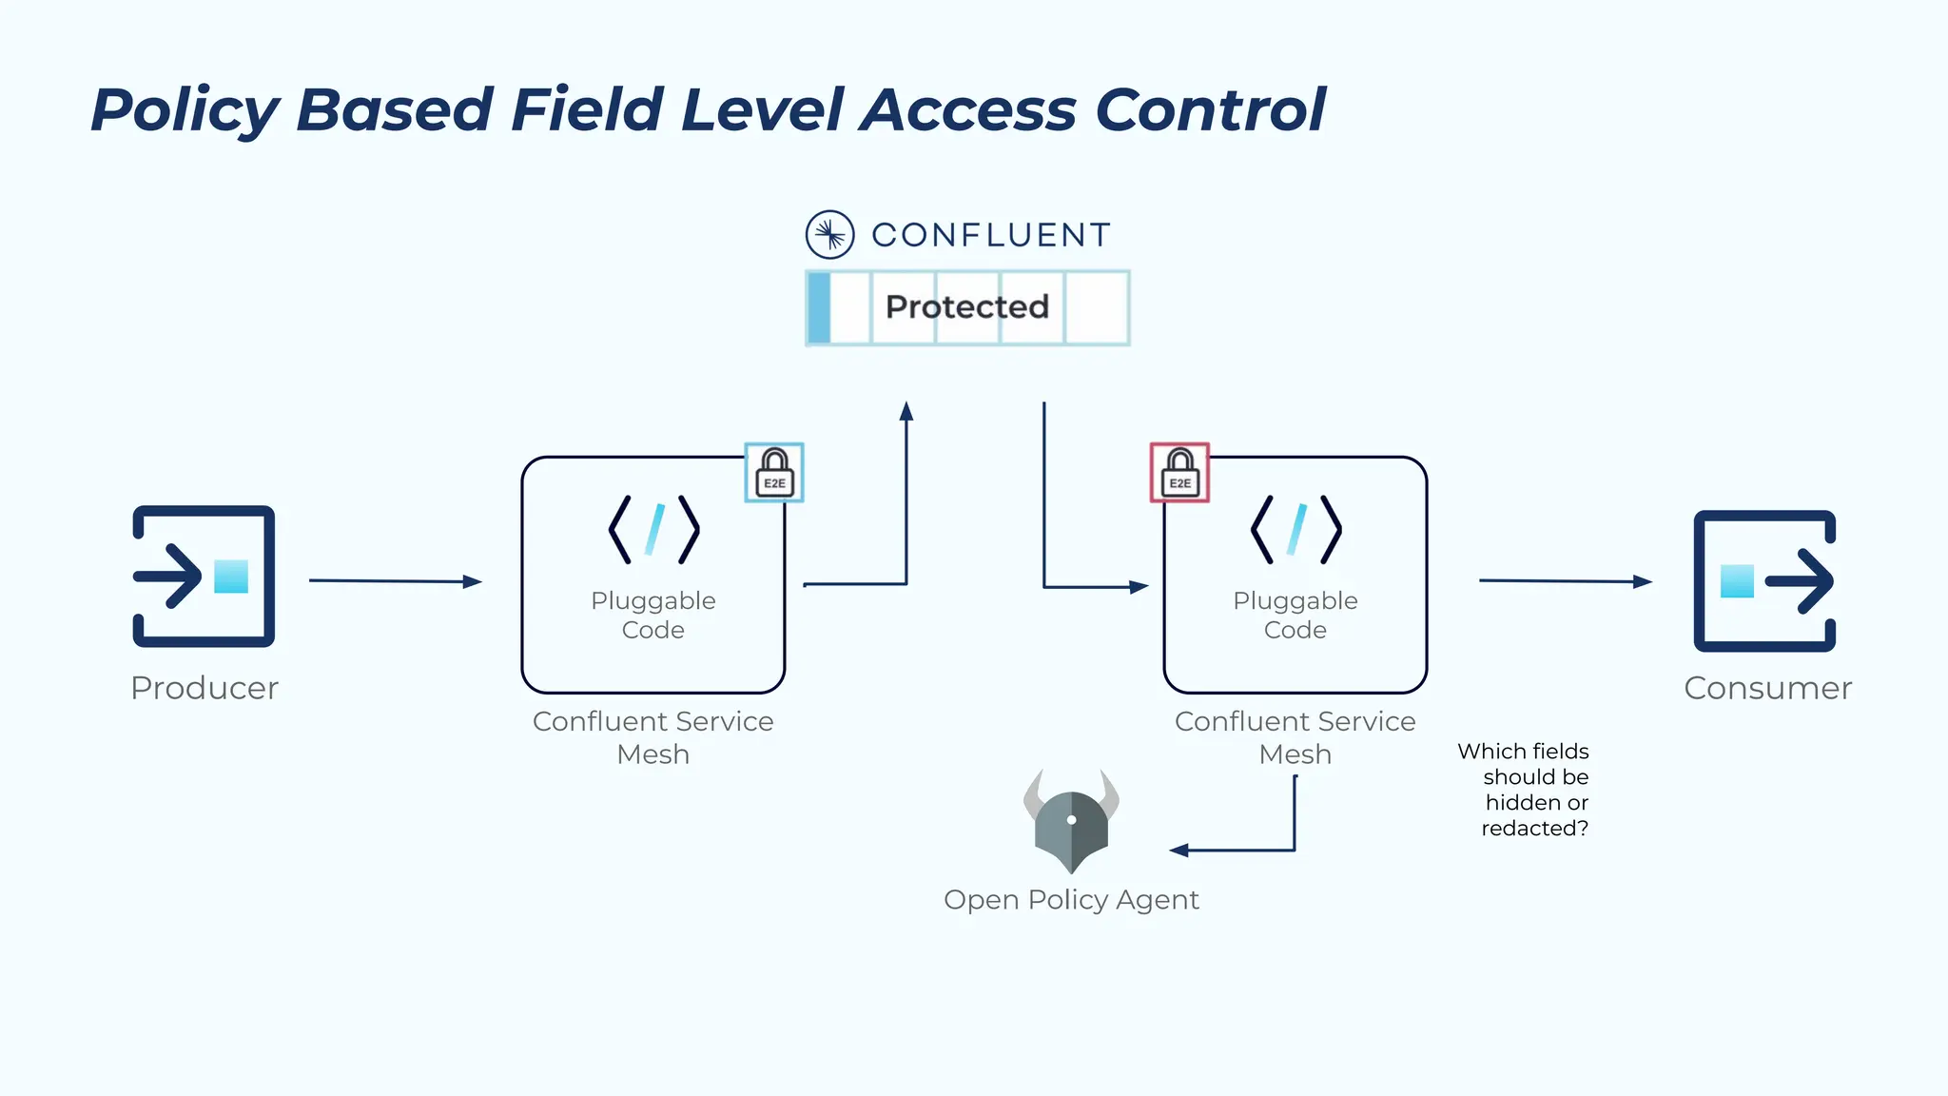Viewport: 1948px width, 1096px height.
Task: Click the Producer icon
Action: coord(204,577)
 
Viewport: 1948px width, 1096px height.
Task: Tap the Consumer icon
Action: coord(1765,581)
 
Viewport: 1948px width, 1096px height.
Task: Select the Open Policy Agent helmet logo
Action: coord(1071,821)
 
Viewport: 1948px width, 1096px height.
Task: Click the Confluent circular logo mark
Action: coord(829,234)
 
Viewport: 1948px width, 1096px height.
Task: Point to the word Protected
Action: coord(966,306)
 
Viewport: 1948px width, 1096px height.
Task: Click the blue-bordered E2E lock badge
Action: coord(774,473)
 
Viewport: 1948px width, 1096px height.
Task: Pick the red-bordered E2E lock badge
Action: coord(1179,473)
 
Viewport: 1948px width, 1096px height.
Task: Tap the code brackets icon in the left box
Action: coord(653,529)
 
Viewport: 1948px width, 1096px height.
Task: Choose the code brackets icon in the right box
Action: coord(1295,529)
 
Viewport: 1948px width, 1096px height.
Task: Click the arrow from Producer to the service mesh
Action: coord(395,580)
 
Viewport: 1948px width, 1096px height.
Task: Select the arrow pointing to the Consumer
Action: coord(1565,580)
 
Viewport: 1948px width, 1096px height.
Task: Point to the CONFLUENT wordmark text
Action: coord(991,235)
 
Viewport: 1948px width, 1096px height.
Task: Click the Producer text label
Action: coord(205,688)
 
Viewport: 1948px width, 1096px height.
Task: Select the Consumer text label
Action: coord(1767,688)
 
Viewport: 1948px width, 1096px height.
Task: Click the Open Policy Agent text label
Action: coord(1071,899)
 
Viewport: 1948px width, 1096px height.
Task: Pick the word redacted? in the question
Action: coord(1534,829)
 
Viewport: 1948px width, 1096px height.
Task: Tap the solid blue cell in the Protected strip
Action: coord(819,307)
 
